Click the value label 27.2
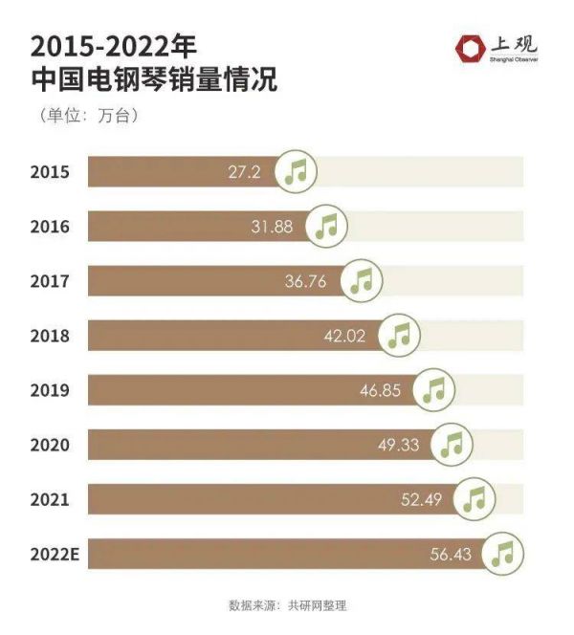pos(244,172)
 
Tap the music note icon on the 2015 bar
pos(297,172)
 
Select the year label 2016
pos(50,227)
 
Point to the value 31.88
pos(276,227)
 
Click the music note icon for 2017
pos(362,280)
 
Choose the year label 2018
pos(50,336)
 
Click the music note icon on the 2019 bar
pos(434,389)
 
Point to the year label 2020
pos(50,445)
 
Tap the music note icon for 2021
pos(474,498)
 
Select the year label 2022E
pos(55,554)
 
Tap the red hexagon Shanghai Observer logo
pos(470,48)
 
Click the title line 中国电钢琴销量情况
pos(154,80)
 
